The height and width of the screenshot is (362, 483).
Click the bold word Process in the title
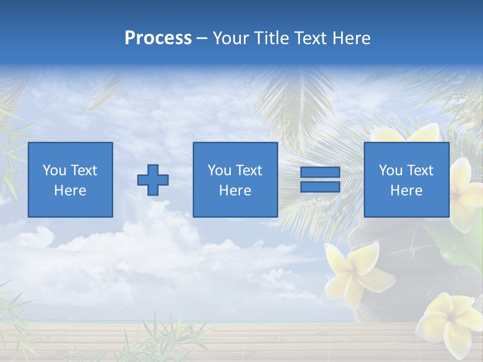tap(158, 38)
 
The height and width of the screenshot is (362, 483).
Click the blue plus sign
tap(153, 180)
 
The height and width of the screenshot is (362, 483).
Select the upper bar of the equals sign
tap(320, 172)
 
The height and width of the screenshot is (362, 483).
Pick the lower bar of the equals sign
tap(320, 187)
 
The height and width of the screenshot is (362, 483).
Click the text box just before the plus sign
tap(70, 179)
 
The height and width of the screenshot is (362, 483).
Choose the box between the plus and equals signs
tap(235, 179)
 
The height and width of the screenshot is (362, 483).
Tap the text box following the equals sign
tap(406, 179)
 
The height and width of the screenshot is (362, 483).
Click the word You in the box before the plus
tap(54, 170)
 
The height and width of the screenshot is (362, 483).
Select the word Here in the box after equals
tap(406, 191)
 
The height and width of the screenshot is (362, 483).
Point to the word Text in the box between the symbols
tap(250, 170)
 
